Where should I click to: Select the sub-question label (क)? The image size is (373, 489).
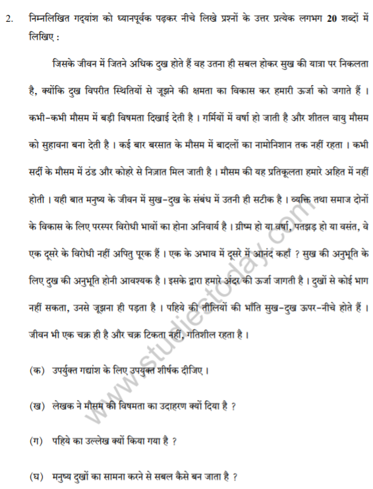pyautogui.click(x=38, y=370)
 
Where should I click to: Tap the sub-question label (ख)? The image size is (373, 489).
pyautogui.click(x=38, y=405)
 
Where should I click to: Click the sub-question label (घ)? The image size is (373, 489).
pyautogui.click(x=38, y=476)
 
